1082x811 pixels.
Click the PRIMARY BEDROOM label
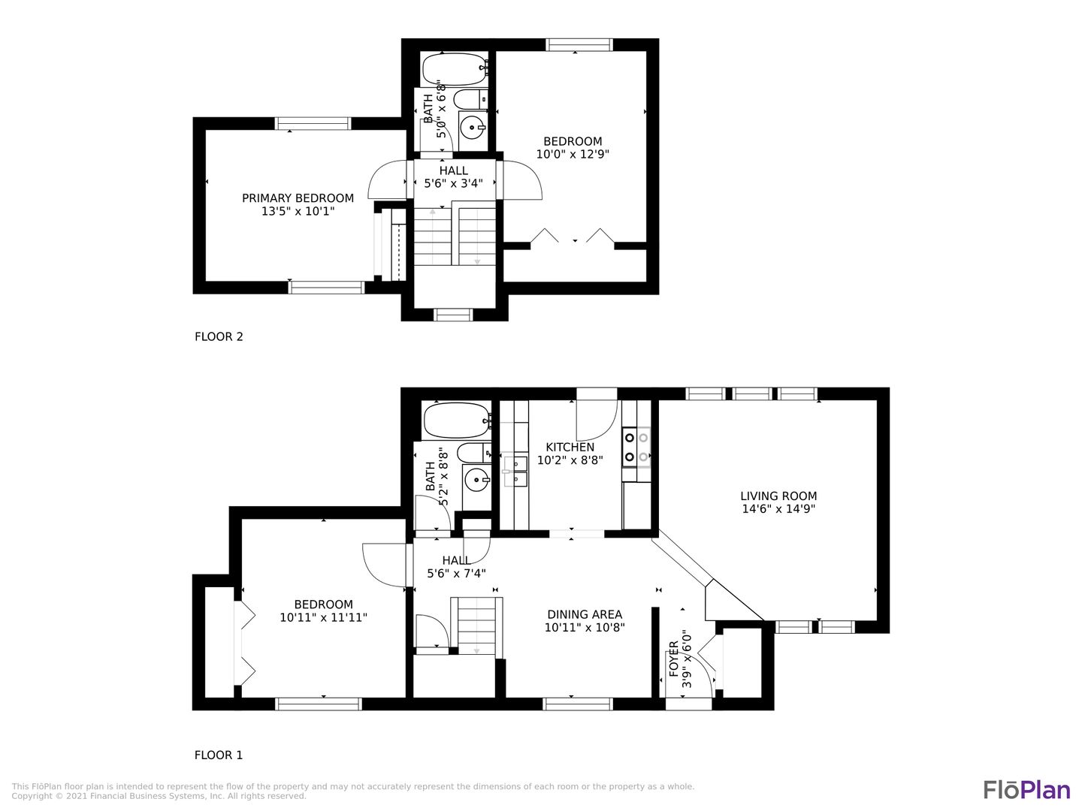coord(298,198)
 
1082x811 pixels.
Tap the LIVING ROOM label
coord(778,496)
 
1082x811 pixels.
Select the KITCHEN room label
coord(570,447)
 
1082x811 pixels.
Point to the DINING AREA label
coord(585,614)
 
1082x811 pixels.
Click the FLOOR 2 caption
coord(219,337)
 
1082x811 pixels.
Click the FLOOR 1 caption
coord(219,755)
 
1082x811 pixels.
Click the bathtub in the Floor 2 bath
coord(455,69)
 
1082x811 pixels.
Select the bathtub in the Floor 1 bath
coord(458,421)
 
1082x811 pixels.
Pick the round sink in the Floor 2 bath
coord(473,128)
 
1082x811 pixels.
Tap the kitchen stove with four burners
coord(636,448)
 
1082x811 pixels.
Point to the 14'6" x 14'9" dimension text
coord(778,509)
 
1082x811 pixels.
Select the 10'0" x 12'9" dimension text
coord(573,154)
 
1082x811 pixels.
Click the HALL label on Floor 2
coord(454,171)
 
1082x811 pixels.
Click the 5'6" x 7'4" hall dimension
coord(456,573)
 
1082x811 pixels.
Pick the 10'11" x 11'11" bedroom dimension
coord(323,617)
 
